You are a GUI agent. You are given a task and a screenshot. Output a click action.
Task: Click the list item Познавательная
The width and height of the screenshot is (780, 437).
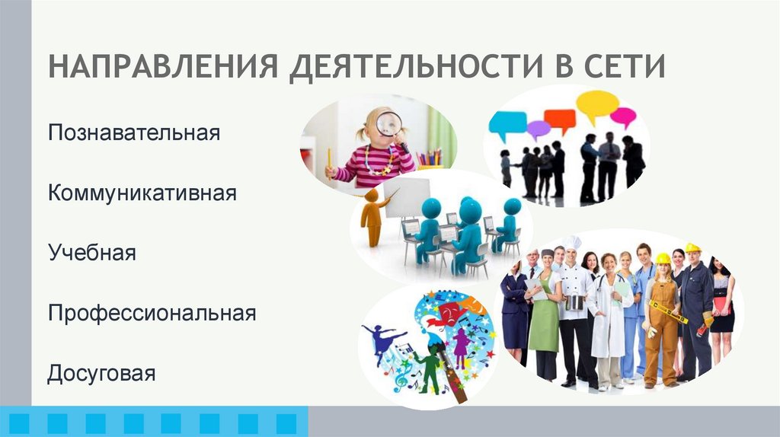(134, 133)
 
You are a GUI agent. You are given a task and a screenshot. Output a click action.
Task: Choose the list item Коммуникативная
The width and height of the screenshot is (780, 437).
(142, 193)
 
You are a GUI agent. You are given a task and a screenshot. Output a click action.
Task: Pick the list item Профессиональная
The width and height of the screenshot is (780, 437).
(152, 313)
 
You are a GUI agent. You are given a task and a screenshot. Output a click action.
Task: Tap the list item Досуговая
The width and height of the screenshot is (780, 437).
(101, 374)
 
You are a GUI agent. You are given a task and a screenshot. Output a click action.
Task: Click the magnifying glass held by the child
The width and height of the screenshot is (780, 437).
(388, 123)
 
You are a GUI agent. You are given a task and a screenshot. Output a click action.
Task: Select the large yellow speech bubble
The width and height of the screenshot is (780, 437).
(596, 104)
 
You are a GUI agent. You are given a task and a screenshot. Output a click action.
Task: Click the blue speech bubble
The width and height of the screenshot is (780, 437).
(507, 121)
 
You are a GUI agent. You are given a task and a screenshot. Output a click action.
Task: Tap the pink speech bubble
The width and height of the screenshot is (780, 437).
(623, 116)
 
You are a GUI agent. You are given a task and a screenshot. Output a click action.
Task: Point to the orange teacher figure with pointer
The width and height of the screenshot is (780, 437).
(372, 216)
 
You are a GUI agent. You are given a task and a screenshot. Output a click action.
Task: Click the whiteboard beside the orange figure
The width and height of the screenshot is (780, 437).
(406, 198)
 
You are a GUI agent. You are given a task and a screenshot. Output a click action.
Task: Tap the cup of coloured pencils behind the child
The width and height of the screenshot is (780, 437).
(430, 158)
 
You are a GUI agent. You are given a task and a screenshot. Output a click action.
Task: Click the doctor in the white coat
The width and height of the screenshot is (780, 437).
(609, 320)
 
